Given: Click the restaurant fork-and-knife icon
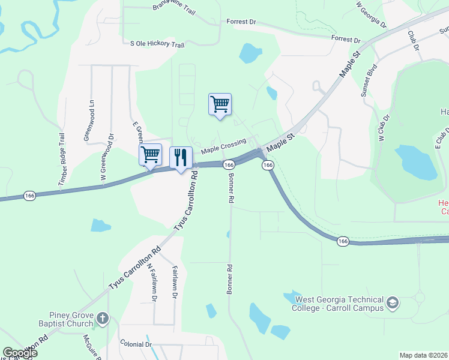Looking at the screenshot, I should (181, 157).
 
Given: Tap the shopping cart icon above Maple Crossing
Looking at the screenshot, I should (220, 104).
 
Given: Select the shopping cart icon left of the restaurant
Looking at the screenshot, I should (150, 154).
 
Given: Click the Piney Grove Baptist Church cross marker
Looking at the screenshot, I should (102, 317).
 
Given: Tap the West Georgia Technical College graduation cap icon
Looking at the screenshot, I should (393, 302).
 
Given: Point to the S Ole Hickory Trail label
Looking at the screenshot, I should (157, 44).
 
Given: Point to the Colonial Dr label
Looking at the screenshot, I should (136, 344).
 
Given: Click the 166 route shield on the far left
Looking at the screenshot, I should (29, 196).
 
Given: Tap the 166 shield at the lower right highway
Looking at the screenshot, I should (342, 241).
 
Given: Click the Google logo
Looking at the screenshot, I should (20, 353).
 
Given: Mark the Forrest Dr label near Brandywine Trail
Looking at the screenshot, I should (241, 22).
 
